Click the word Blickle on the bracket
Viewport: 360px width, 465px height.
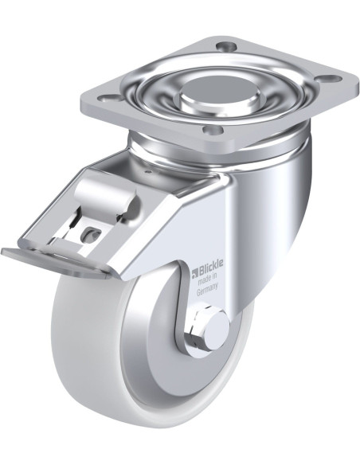tap(211, 264)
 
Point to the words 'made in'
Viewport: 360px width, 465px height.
tap(208, 278)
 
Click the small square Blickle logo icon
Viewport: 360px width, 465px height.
tap(196, 271)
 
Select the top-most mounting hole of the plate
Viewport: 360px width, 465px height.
tap(226, 46)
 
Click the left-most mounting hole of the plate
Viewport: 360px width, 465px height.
tap(108, 98)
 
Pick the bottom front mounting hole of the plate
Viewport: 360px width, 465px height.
tap(213, 130)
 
